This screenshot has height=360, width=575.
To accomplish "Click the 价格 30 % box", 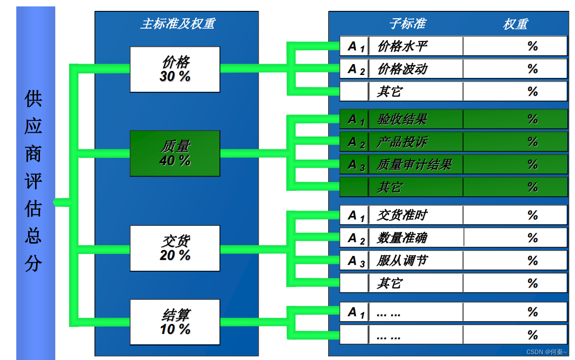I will point(175,70).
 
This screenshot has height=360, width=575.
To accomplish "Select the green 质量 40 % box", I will point(175,153).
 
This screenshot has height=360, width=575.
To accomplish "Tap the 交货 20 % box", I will point(175,248).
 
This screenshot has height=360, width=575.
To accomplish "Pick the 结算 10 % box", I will point(175,322).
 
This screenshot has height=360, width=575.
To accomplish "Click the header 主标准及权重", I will point(177,24).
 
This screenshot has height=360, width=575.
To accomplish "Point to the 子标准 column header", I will point(407,24).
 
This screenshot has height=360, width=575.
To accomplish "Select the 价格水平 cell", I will point(402,46).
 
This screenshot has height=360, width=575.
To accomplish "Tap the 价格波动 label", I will point(402,69).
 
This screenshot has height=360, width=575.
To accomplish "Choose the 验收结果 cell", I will point(402,119).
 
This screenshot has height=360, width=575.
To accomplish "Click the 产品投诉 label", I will point(402,142).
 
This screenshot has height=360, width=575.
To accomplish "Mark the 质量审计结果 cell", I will point(414,164).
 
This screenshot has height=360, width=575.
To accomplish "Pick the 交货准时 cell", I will point(402,215).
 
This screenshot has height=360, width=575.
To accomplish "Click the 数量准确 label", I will point(402,238).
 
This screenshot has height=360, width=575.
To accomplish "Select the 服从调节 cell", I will point(402,260).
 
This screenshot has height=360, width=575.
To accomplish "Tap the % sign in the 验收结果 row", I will point(532,119).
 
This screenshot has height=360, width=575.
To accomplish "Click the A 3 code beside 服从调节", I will point(355,261).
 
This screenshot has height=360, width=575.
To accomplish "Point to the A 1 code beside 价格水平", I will point(355,47).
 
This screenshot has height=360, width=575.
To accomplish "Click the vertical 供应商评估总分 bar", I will point(35,182).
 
